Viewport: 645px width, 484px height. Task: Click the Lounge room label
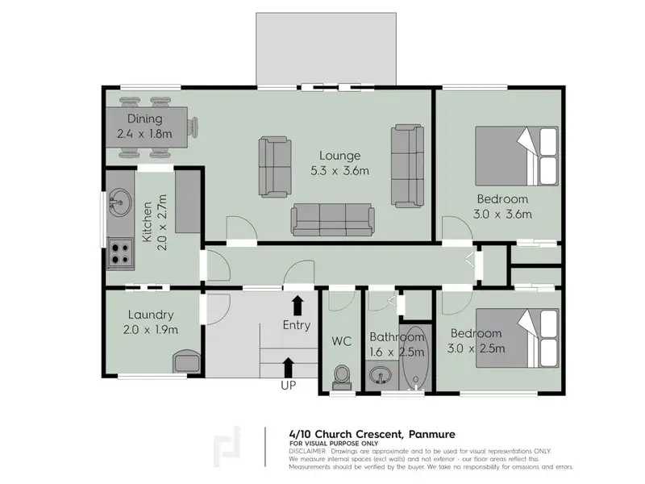[339, 156]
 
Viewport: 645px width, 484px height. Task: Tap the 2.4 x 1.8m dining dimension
[144, 134]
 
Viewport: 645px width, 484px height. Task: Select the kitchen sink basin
[119, 202]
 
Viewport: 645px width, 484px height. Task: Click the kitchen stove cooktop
[120, 253]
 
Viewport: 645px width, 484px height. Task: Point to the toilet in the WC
[342, 378]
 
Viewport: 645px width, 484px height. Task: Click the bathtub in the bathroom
[415, 357]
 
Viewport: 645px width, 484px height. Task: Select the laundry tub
[186, 361]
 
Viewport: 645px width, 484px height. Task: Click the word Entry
[297, 325]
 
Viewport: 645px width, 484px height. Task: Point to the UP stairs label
[288, 386]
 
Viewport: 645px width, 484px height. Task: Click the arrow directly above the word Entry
[298, 306]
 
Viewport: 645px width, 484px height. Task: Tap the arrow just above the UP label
[289, 367]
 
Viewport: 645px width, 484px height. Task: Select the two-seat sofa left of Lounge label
[275, 167]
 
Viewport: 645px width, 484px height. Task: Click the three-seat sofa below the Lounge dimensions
[333, 219]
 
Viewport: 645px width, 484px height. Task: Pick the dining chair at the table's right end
[193, 127]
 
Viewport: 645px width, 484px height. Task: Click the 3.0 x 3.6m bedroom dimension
[502, 215]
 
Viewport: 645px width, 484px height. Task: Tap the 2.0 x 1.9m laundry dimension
[151, 330]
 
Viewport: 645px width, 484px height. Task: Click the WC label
[341, 341]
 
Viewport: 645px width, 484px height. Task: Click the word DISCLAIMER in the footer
[307, 452]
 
